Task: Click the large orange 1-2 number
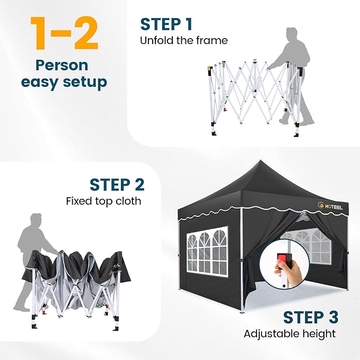64,33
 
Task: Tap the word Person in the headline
62,65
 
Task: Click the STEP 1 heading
166,24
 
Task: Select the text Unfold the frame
183,40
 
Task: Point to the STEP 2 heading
117,185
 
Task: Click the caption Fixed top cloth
103,201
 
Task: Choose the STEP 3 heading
311,317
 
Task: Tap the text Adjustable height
289,334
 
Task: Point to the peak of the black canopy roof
260,161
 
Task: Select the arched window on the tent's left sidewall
207,251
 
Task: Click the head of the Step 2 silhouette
36,220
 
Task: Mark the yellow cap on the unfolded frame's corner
209,69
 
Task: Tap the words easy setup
64,82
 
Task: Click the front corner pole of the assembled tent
241,260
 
